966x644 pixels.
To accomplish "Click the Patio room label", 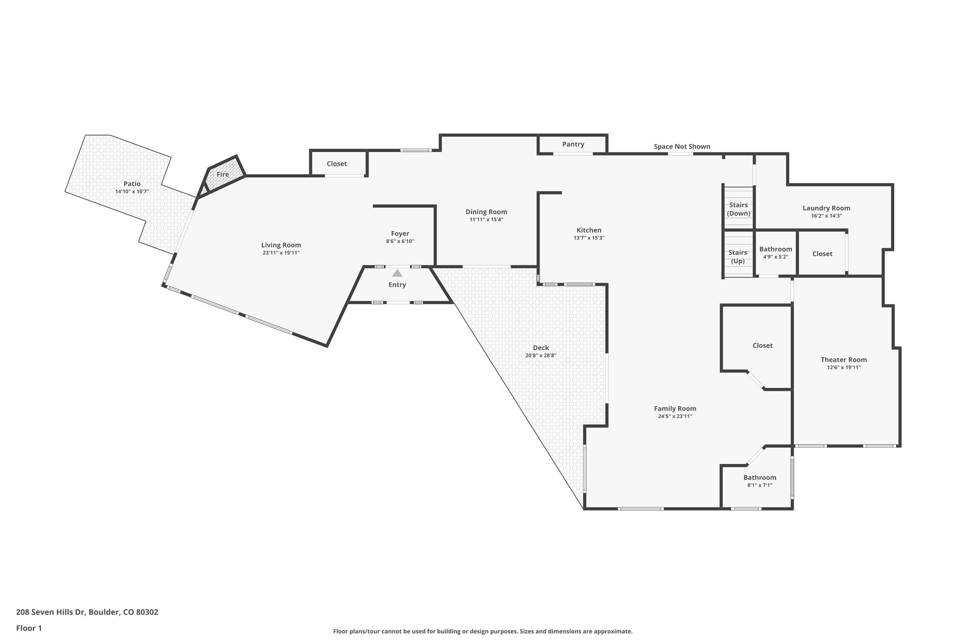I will click(x=132, y=184).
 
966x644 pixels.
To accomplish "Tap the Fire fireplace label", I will click(x=223, y=175).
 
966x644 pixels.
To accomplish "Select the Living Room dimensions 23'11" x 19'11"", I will click(x=281, y=253).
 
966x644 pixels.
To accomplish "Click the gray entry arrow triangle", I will click(x=397, y=273).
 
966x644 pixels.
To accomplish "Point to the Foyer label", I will click(x=400, y=234).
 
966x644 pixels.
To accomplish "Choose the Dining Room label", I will click(x=486, y=212).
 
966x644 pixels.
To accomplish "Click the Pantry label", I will click(x=573, y=144).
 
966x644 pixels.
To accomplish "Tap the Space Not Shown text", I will click(x=682, y=147).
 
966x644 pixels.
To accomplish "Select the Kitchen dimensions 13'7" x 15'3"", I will click(x=589, y=238).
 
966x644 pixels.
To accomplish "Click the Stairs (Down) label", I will click(x=738, y=209).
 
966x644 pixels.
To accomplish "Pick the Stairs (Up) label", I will click(x=738, y=257).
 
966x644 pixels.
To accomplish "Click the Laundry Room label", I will click(x=826, y=208).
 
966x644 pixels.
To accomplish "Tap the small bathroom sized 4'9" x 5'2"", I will click(x=775, y=252).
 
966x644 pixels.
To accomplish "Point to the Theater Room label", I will click(x=843, y=360).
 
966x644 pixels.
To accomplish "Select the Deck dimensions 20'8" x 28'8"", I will click(x=541, y=356).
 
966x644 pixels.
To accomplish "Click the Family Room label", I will click(x=675, y=409).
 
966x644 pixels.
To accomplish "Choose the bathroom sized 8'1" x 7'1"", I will click(x=759, y=481).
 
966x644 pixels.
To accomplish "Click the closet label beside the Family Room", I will click(x=762, y=345).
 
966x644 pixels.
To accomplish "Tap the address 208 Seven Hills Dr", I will click(x=87, y=612).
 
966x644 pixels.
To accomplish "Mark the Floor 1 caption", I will click(x=29, y=628).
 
